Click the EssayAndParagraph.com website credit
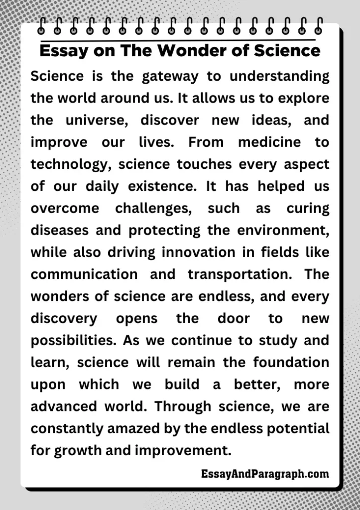(265, 474)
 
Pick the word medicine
(269, 142)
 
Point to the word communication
(84, 274)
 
